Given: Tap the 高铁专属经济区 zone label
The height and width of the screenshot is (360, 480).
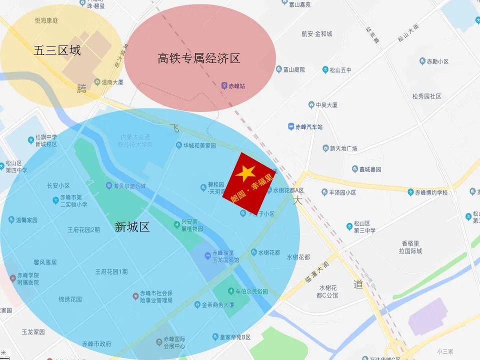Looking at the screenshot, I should click(x=199, y=58).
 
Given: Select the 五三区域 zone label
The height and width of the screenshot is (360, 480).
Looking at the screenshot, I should click(x=57, y=50).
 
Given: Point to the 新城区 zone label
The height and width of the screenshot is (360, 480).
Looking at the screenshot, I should click(x=132, y=227).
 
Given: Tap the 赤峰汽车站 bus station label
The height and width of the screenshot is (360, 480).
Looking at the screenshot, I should click(x=309, y=127).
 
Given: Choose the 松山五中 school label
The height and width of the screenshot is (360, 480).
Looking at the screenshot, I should click(x=340, y=70).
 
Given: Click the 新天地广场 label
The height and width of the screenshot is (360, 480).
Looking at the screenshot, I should click(x=343, y=148).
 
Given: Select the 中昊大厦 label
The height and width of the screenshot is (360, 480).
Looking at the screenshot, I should click(x=326, y=105).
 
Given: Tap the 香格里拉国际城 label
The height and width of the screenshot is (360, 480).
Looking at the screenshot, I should click(x=411, y=247).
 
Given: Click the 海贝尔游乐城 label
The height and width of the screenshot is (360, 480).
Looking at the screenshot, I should click(x=129, y=186).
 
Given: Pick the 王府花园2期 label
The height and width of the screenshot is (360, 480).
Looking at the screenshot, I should click(x=83, y=230).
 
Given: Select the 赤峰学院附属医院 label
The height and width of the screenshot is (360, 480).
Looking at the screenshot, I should click(x=28, y=279).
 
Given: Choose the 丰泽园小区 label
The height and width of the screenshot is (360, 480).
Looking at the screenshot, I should click(x=342, y=192).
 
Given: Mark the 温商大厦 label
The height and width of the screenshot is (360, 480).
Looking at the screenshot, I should click(x=112, y=82).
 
